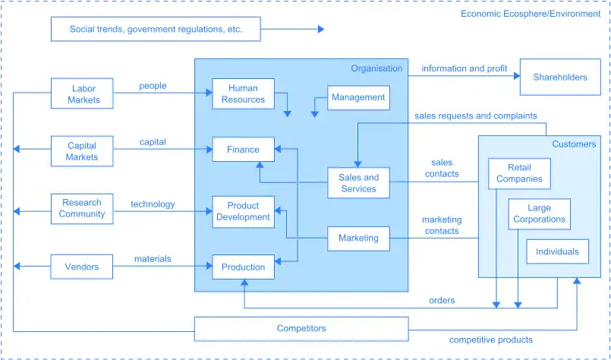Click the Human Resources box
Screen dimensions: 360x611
point(243,93)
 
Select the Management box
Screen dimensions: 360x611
point(358,97)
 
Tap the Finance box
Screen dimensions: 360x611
point(243,150)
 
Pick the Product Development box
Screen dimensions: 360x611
point(243,211)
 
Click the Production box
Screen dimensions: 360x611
point(243,267)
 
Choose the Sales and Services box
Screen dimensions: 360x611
point(358,183)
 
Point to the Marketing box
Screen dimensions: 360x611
point(358,238)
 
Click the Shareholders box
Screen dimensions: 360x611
point(560,77)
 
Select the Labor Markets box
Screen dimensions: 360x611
point(83,94)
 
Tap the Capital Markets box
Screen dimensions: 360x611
point(82,151)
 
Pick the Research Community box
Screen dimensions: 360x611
point(82,208)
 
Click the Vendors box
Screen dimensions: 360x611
point(82,267)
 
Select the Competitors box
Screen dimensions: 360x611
point(301,329)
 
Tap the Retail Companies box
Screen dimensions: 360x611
point(519,173)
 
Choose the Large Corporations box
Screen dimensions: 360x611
point(539,213)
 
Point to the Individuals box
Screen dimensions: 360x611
point(557,251)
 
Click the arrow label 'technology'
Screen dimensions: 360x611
point(153,204)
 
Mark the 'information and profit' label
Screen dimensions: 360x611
point(464,68)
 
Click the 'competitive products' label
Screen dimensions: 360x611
point(490,339)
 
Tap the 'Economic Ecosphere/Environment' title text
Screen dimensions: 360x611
point(530,14)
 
